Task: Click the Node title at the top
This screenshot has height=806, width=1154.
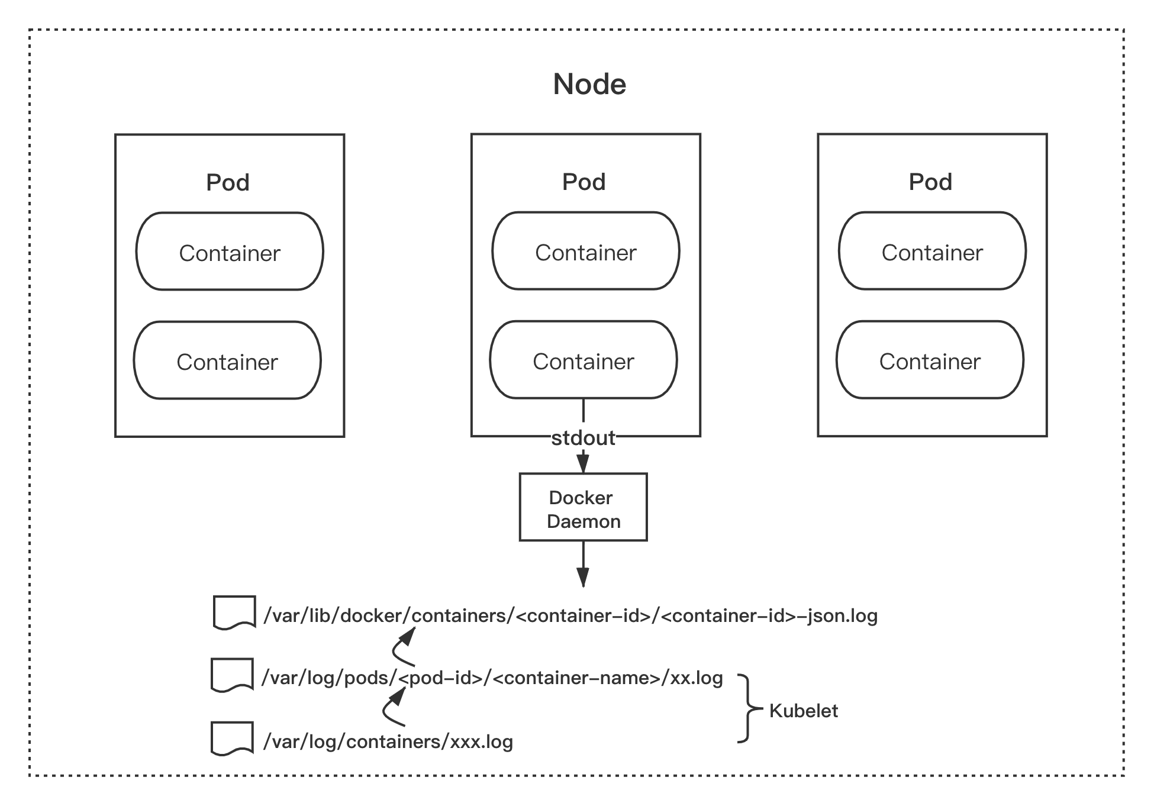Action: coord(589,84)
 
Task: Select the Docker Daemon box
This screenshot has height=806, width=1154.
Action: coord(583,507)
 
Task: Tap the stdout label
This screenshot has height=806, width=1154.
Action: coord(583,438)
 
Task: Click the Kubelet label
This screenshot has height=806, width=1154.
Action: coord(803,711)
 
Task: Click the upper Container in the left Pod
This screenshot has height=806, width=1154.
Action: coord(230,252)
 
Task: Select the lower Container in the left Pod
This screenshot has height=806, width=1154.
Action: coord(227,360)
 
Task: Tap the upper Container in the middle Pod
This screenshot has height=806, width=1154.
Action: coord(586,251)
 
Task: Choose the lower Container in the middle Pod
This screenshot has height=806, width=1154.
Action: coord(583,360)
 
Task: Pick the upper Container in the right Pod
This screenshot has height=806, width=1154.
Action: coord(932,251)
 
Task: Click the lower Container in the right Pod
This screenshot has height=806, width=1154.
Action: coord(930,360)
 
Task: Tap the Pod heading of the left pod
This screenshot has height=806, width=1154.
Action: coord(228,182)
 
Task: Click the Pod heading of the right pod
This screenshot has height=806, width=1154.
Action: coord(930,182)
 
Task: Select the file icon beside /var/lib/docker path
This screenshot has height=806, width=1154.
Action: coord(234,612)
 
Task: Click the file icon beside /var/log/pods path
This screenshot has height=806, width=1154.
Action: coord(232,675)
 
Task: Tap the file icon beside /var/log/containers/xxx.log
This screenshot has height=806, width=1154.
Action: coord(232,738)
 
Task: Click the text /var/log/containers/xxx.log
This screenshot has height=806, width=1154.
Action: coord(388,741)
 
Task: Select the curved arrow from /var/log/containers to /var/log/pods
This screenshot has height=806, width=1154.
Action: coord(393,708)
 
